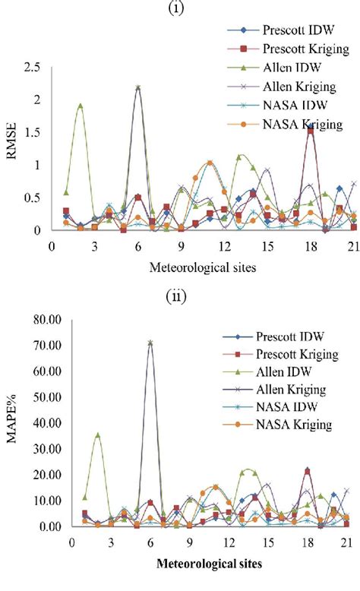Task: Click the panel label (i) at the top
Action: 179,9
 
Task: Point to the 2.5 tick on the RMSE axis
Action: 33,68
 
